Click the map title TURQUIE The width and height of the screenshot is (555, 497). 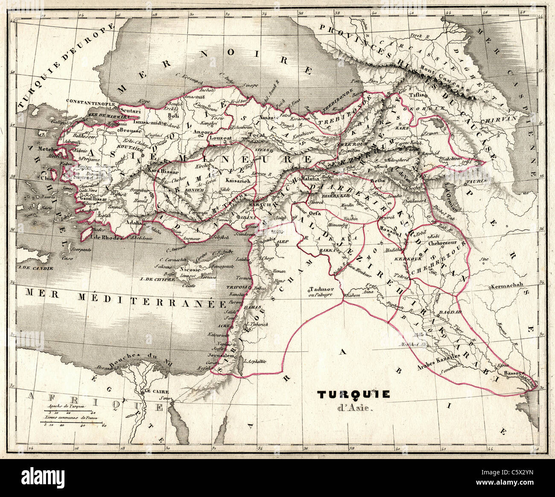353,395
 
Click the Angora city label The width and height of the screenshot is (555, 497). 203,133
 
